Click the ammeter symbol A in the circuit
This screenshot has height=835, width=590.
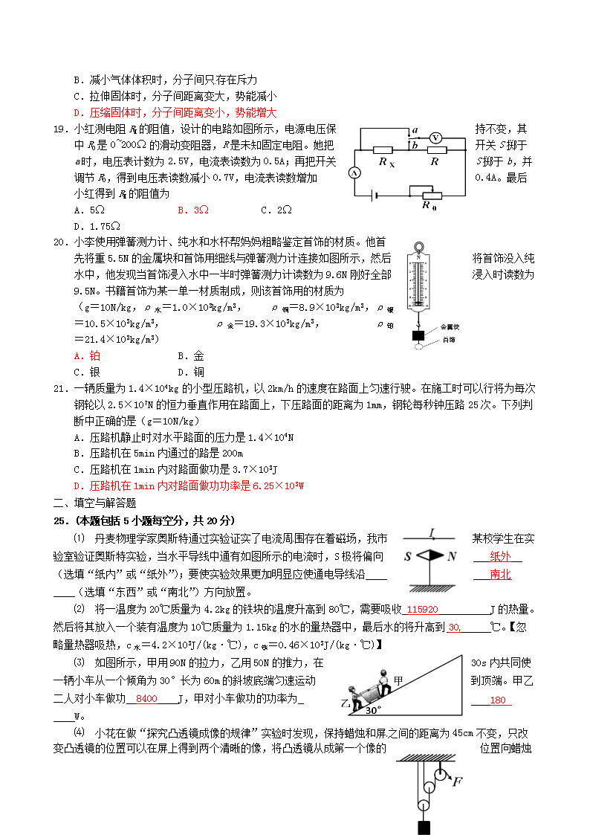coord(354,173)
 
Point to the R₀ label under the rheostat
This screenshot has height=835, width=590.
coord(429,206)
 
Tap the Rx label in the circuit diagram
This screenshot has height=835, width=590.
coord(386,161)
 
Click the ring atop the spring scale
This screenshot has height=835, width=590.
coord(418,246)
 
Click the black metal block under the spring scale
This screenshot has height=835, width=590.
coord(418,335)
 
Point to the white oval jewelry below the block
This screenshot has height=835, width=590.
coord(420,346)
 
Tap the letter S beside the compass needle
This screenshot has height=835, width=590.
coord(408,556)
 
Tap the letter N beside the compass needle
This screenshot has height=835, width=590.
coord(453,556)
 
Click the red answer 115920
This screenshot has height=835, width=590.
coord(422,609)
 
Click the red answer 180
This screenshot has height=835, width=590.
coord(497,700)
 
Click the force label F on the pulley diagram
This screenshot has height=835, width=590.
coord(456,781)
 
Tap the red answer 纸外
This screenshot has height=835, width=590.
coord(501,555)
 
